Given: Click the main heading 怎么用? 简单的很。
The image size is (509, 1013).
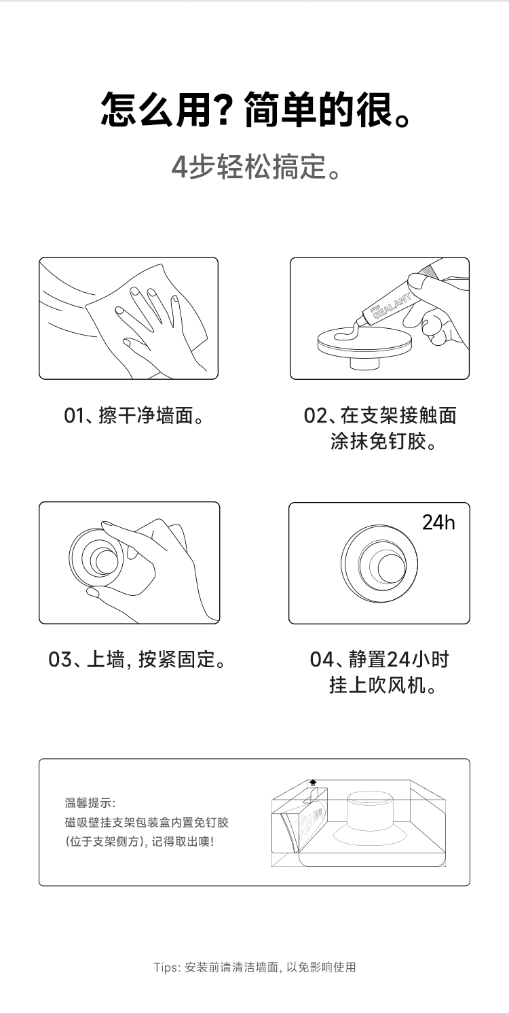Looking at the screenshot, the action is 256,109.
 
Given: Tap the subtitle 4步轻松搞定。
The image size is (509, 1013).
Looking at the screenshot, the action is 256,166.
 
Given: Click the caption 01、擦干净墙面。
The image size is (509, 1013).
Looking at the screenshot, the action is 134,416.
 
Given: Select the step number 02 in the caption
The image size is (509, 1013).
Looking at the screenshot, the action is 315,416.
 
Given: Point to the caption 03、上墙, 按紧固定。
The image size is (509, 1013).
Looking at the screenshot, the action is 137,659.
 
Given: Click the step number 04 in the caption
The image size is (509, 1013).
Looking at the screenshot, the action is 321,659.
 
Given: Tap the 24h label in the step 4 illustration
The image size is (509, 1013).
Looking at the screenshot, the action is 438,522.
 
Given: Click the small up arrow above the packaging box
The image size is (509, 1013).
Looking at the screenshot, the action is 313,782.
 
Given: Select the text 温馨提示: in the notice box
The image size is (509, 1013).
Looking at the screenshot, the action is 90,802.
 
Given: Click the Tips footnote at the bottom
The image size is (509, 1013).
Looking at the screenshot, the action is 254,967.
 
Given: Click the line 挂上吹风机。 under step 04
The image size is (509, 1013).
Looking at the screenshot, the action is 383,685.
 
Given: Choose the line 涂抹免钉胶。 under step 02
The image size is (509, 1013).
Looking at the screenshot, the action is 383,442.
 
